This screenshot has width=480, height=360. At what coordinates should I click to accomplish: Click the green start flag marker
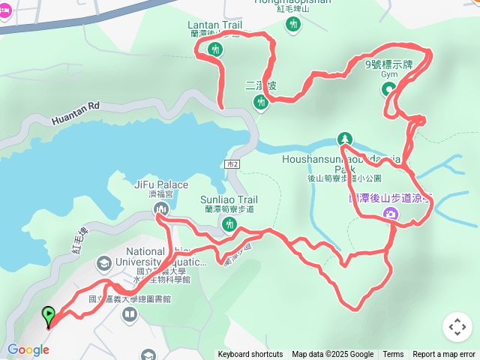tap(49, 315)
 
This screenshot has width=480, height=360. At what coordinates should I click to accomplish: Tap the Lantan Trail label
tap(214, 25)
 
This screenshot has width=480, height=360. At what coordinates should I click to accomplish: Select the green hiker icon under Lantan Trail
tap(216, 50)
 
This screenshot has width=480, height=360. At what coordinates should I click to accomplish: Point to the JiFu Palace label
tap(161, 184)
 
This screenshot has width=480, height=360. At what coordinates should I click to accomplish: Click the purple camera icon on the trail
tap(390, 215)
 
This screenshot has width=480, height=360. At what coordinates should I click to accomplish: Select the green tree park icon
tap(344, 139)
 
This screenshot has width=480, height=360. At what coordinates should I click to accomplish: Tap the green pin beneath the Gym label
tap(389, 90)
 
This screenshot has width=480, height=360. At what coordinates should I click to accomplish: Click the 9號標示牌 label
tap(388, 64)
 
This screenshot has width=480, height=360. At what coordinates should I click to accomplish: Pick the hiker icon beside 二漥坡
tap(260, 102)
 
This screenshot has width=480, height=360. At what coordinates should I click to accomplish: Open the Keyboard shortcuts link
tap(250, 355)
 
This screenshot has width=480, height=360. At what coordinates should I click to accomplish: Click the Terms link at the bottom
tap(393, 355)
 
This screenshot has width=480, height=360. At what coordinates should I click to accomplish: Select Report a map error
tap(444, 355)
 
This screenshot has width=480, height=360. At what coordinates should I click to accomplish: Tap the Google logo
tap(28, 349)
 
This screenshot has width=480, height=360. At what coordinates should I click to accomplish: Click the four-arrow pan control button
tap(457, 327)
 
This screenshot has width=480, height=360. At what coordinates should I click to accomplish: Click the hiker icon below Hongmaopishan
tap(292, 25)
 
